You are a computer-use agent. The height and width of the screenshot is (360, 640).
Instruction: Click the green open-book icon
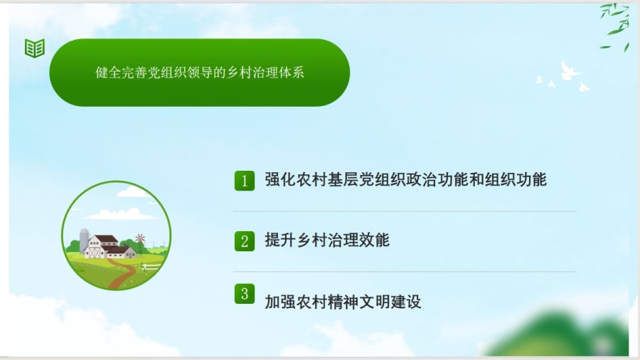(35, 48)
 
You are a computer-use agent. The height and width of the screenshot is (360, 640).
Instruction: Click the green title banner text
(200, 73)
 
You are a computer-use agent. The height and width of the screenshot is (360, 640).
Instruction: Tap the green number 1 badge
(245, 181)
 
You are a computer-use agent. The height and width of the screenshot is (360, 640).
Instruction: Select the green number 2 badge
(245, 240)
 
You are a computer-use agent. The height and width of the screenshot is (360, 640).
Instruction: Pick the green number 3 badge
(245, 294)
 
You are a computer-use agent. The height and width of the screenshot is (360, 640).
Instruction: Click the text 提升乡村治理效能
(327, 240)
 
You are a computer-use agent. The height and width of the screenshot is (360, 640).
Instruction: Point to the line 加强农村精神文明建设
(343, 302)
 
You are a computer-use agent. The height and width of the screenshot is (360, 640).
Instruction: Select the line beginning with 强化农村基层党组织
(406, 179)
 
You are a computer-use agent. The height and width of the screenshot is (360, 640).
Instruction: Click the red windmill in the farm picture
(140, 238)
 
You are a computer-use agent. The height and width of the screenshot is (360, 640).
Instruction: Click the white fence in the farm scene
(151, 267)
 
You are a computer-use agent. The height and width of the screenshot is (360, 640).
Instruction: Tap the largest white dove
(569, 71)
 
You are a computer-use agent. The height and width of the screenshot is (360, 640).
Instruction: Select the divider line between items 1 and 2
(405, 211)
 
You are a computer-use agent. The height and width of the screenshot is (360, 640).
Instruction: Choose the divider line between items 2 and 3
(405, 272)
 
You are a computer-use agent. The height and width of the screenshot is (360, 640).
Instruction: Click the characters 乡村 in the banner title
(239, 73)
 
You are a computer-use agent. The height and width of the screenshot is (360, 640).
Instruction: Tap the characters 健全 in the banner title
(108, 73)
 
